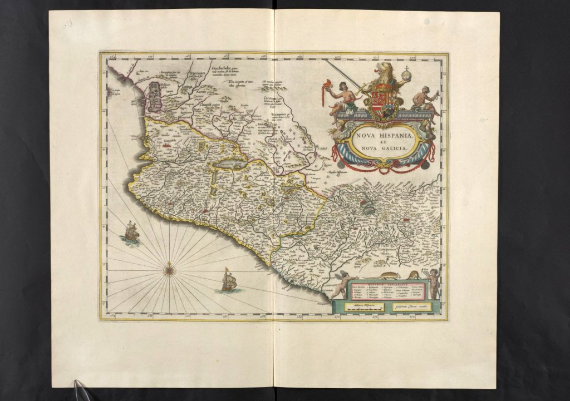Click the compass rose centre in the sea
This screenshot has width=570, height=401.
tap(170, 271)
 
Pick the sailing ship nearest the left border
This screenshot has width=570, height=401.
tap(131, 230)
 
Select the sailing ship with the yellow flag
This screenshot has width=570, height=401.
tap(229, 281)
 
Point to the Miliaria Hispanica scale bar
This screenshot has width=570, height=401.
tap(362, 306)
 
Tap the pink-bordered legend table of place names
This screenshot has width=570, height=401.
tap(386, 291)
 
